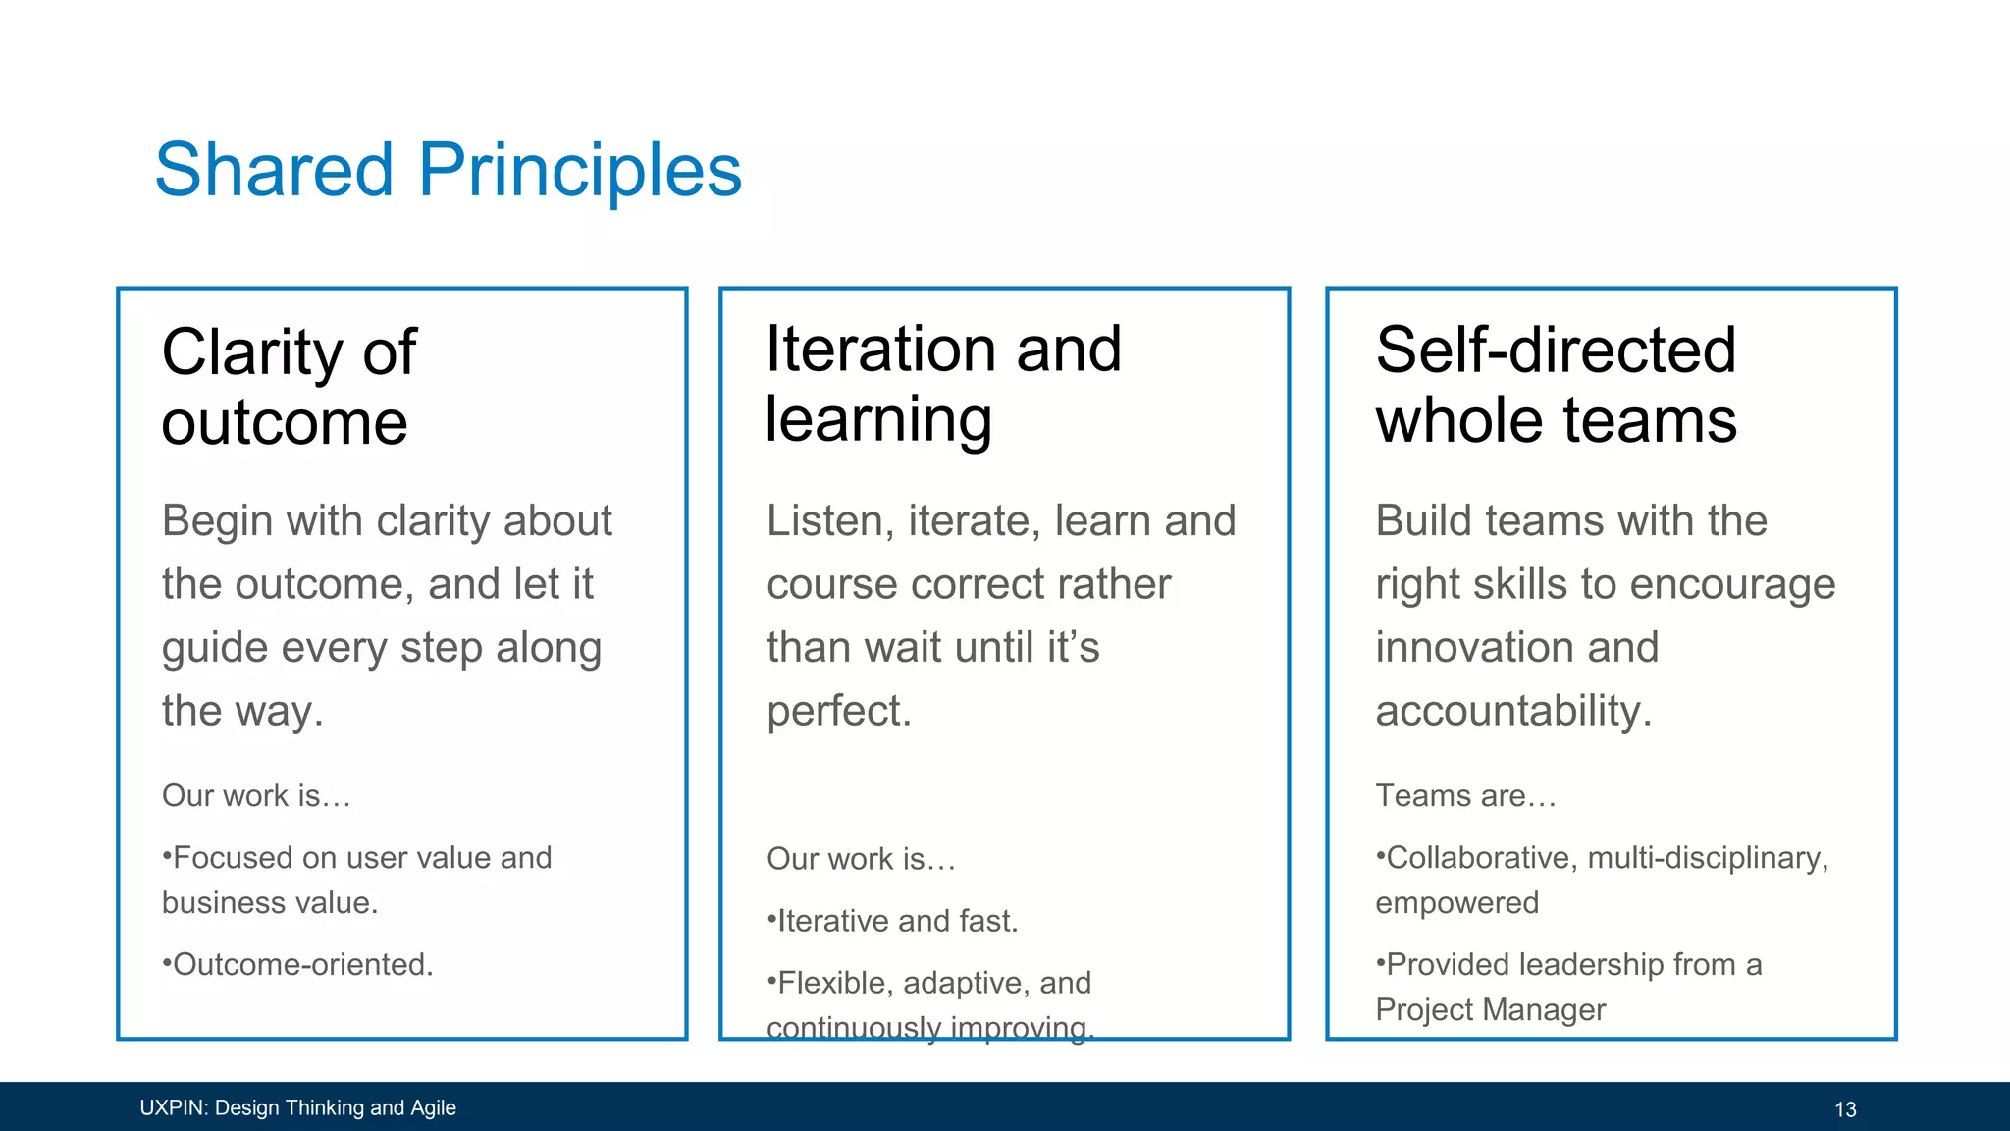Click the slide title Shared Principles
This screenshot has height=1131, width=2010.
click(448, 170)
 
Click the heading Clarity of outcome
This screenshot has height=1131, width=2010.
click(289, 387)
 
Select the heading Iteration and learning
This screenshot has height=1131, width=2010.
click(942, 384)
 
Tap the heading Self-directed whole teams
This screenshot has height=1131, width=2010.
click(1556, 384)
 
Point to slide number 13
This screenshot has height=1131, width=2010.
click(1845, 1109)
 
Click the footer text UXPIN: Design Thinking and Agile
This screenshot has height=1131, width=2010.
click(297, 1107)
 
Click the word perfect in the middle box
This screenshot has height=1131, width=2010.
click(838, 711)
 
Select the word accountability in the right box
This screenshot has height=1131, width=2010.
click(1512, 711)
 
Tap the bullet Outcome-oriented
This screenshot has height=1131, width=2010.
click(298, 964)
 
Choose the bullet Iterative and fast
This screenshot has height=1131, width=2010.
click(893, 921)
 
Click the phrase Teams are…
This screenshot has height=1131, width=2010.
click(1465, 795)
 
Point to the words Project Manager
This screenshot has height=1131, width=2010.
click(1490, 1009)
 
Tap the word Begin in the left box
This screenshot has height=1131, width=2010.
click(217, 521)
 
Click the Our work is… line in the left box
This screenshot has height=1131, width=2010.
click(256, 795)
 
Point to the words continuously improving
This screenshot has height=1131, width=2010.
click(929, 1027)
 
